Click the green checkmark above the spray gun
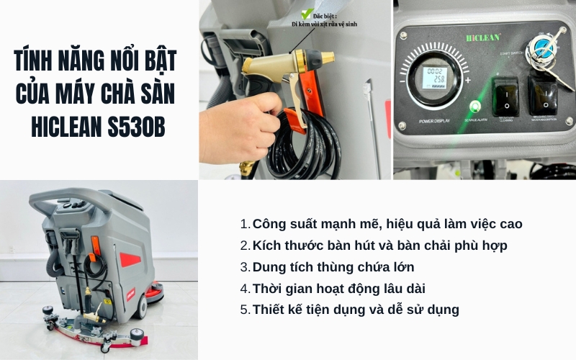(307, 12)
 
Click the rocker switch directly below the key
(541, 93)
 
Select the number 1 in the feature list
(245, 224)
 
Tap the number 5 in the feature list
(246, 310)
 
